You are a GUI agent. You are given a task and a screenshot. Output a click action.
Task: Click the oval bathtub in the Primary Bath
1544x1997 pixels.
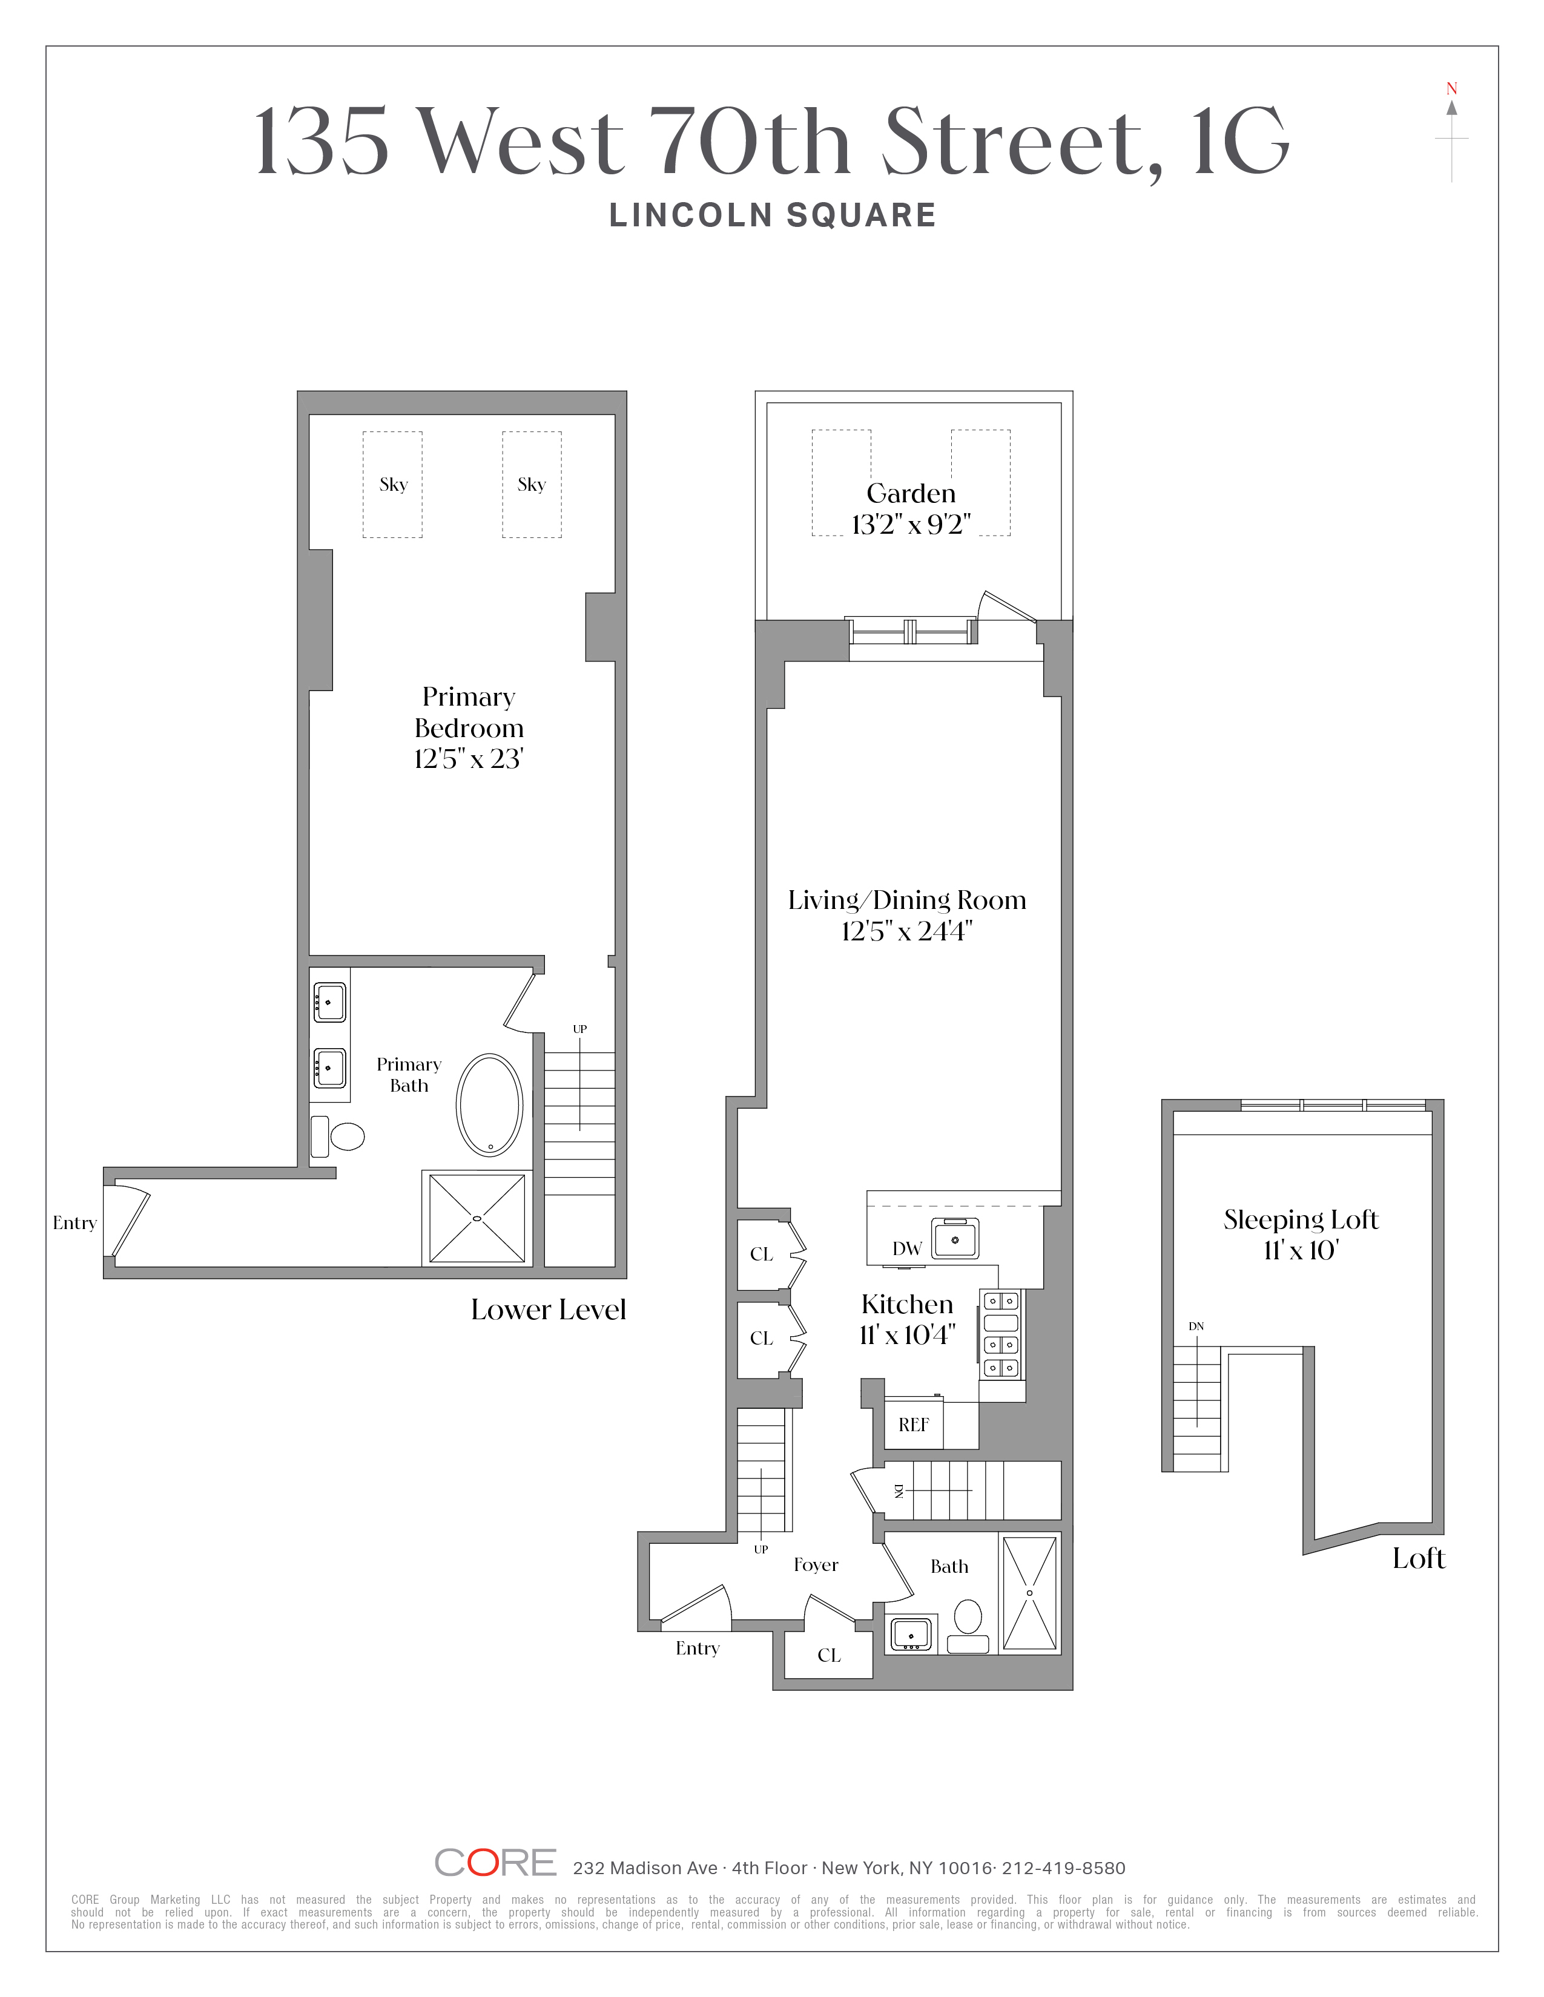[489, 1104]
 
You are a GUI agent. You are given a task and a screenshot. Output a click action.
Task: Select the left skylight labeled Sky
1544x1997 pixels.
[392, 485]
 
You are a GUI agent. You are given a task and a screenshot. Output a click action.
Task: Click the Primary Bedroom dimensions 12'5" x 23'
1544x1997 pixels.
[468, 759]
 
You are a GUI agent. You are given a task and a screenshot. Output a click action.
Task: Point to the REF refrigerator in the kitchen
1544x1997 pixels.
[914, 1425]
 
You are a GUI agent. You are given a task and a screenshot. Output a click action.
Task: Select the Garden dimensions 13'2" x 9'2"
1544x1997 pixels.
[911, 525]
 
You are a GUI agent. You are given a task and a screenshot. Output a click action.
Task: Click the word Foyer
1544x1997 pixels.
[816, 1564]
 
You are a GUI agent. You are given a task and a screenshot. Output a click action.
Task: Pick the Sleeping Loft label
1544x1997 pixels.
[1301, 1220]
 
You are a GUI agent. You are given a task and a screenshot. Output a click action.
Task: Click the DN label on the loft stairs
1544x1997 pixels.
[1196, 1326]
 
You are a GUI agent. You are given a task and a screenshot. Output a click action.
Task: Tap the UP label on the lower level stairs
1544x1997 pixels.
[580, 1029]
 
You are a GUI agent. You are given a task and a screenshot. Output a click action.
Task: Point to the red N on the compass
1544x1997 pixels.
[1451, 89]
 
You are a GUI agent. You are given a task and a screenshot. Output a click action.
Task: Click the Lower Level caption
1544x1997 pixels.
[549, 1310]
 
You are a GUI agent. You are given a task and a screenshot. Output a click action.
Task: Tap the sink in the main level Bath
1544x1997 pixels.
[911, 1634]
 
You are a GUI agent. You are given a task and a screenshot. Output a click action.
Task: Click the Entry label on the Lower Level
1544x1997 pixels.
[75, 1224]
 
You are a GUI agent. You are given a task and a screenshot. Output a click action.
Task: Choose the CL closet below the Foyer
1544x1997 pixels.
[830, 1655]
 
